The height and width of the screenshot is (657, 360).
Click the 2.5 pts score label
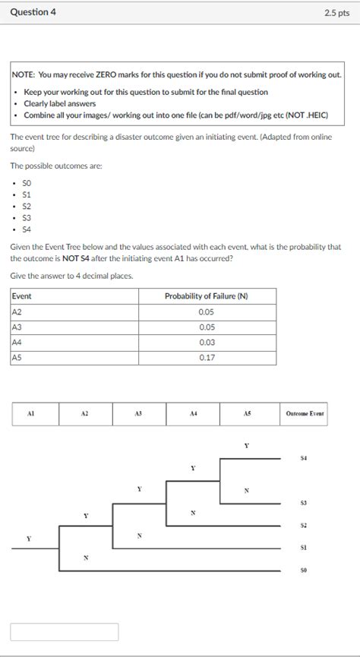coord(335,13)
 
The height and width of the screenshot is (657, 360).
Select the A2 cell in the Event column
coord(17,311)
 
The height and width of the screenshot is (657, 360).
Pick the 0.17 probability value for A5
coord(207,357)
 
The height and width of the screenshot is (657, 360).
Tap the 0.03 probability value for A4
coord(207,342)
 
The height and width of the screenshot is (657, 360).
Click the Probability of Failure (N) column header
coord(207,296)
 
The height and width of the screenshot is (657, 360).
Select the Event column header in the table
coord(23,296)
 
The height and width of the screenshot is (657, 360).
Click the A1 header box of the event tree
coord(31,414)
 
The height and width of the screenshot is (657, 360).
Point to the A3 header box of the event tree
coord(138,414)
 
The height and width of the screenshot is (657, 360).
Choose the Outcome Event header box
coord(304,414)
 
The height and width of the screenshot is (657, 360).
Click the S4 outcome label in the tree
coord(303,458)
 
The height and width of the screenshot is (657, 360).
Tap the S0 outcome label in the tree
coord(303,570)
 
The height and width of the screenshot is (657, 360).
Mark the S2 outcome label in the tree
coord(303,525)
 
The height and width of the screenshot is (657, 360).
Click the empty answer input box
coord(65,632)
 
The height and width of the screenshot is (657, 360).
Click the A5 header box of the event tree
coord(247,414)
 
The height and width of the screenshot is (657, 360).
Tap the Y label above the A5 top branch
coord(246,445)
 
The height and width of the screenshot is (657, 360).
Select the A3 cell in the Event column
coord(17,327)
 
